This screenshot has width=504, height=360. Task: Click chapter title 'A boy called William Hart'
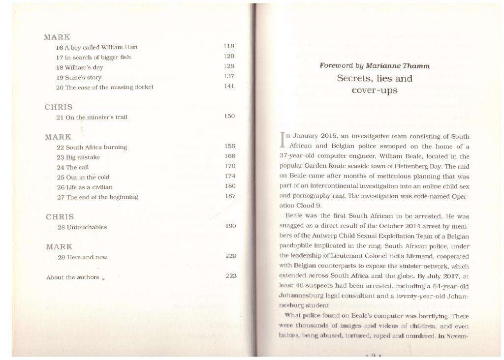point(97,47)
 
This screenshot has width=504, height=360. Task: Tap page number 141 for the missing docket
point(229,87)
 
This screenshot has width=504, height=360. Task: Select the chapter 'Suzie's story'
point(79,77)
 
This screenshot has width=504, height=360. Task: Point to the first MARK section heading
point(57,37)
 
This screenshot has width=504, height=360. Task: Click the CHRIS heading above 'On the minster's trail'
point(59,107)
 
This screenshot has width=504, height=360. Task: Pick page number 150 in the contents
point(229,116)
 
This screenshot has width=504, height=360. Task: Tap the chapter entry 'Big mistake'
point(78,157)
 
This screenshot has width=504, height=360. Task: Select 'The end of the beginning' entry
point(97,197)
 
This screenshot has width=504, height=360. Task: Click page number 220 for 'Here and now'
point(230,256)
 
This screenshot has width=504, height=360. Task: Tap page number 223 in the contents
point(231,275)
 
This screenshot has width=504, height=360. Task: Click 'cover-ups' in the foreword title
point(375,90)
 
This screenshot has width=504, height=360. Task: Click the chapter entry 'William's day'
point(79,67)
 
